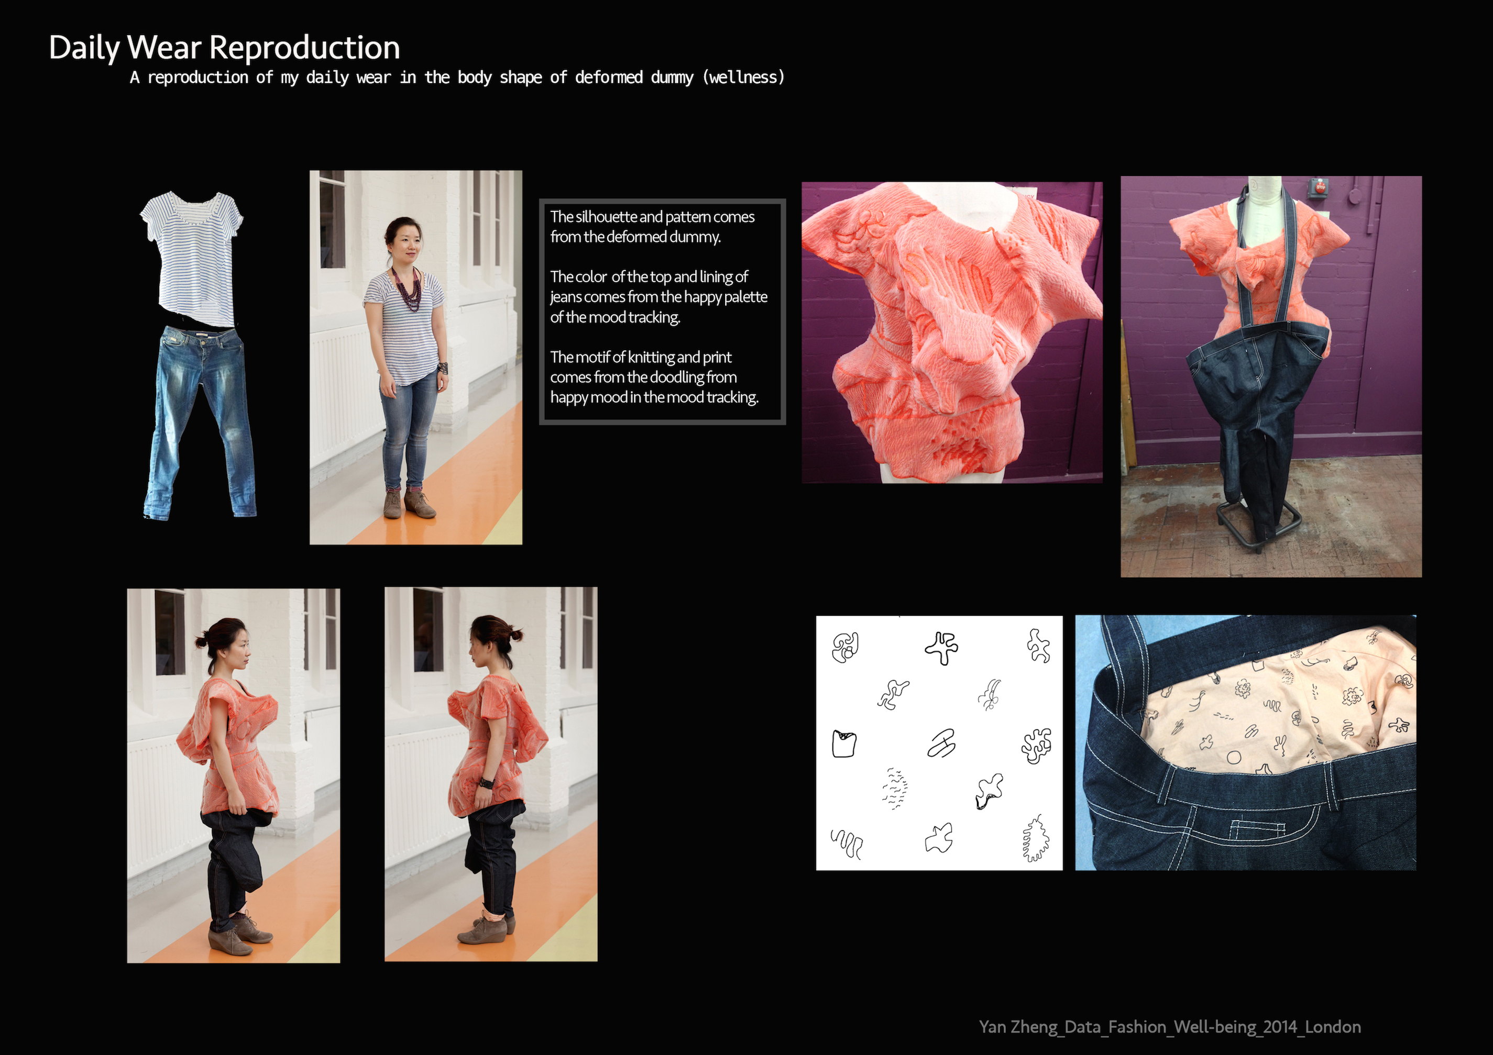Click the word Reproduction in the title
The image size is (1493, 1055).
304,48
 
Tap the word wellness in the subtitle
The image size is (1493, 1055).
744,77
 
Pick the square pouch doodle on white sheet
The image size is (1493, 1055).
844,743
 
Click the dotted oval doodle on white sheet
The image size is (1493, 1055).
895,789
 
